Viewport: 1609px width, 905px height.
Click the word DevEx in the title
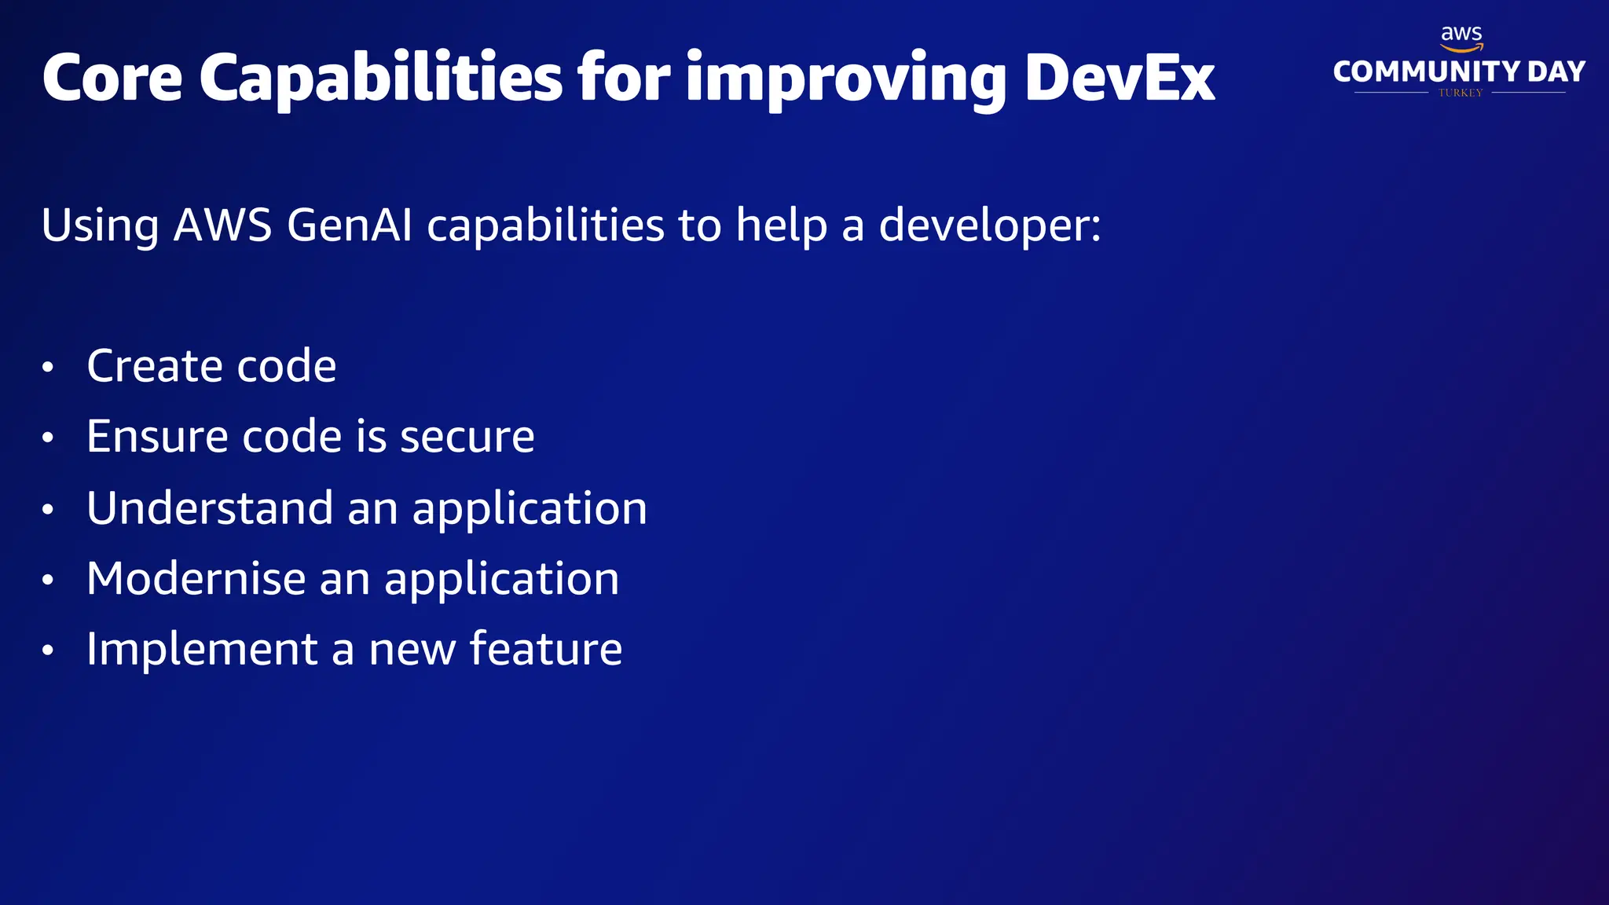point(1120,78)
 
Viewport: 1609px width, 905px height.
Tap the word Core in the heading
point(112,78)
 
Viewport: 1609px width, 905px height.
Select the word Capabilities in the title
point(380,78)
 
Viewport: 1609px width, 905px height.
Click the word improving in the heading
point(845,78)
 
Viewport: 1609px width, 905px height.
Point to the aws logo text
point(1461,35)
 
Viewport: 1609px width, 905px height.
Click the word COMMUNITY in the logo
point(1426,71)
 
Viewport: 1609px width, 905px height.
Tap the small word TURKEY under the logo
point(1461,93)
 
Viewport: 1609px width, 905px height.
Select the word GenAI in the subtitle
point(350,225)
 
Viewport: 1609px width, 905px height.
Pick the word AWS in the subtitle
point(222,225)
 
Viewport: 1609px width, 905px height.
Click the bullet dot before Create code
point(48,368)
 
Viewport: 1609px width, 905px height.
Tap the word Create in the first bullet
point(155,366)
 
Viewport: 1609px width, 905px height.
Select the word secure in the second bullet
point(467,437)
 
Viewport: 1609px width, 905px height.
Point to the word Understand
point(210,507)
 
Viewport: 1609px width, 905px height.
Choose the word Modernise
point(196,578)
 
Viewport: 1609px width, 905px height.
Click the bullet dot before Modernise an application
point(48,580)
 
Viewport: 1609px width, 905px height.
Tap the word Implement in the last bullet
point(202,650)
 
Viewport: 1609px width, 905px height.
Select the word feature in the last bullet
point(546,649)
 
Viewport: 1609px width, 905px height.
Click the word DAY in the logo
point(1556,71)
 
